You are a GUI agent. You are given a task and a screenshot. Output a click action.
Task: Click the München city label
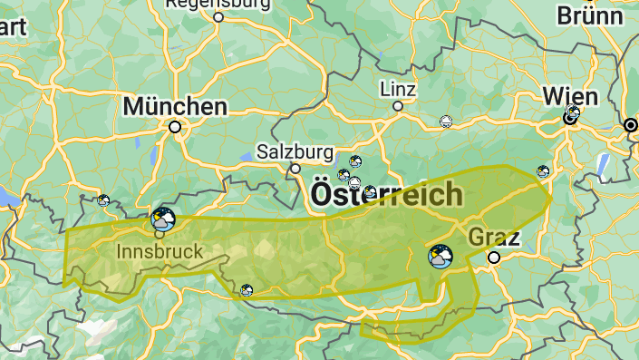click(175, 106)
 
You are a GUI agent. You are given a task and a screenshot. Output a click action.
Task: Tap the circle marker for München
click(175, 127)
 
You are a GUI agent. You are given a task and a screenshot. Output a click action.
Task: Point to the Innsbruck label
click(160, 250)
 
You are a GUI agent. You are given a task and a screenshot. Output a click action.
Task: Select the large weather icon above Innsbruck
click(163, 219)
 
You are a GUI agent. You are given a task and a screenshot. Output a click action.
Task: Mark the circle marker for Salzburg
click(295, 169)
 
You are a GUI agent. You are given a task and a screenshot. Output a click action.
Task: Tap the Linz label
click(399, 90)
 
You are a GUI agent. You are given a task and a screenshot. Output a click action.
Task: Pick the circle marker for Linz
click(397, 106)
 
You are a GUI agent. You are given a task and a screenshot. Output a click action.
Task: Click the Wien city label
click(570, 96)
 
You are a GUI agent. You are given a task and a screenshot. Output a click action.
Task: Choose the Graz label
click(494, 238)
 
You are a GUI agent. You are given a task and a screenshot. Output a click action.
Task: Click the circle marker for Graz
click(494, 258)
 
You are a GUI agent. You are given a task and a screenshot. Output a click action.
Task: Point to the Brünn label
click(589, 15)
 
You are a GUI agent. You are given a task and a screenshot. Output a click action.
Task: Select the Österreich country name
click(386, 194)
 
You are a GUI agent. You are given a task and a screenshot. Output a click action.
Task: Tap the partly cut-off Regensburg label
click(218, 4)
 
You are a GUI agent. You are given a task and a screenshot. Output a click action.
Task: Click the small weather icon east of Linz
click(445, 122)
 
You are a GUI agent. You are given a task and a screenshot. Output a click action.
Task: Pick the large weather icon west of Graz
click(440, 257)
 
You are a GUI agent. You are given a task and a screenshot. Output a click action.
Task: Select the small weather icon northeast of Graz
click(543, 170)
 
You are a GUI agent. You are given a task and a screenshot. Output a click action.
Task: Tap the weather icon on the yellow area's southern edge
click(247, 290)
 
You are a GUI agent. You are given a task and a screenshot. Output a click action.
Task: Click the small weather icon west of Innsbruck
click(103, 199)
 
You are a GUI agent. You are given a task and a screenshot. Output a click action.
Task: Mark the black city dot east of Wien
click(631, 124)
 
